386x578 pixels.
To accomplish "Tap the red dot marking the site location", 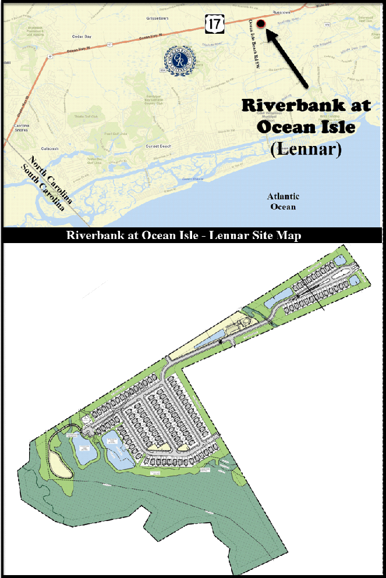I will coord(260,23).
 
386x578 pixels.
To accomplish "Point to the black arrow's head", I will coord(269,33).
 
